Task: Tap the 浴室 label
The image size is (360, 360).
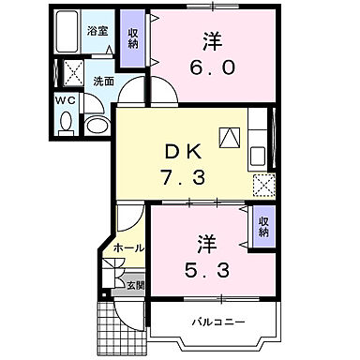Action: (97, 31)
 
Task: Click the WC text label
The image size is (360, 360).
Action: (64, 98)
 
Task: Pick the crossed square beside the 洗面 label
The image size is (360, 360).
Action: (71, 72)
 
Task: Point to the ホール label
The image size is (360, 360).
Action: (128, 248)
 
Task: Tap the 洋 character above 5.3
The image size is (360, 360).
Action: (207, 243)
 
